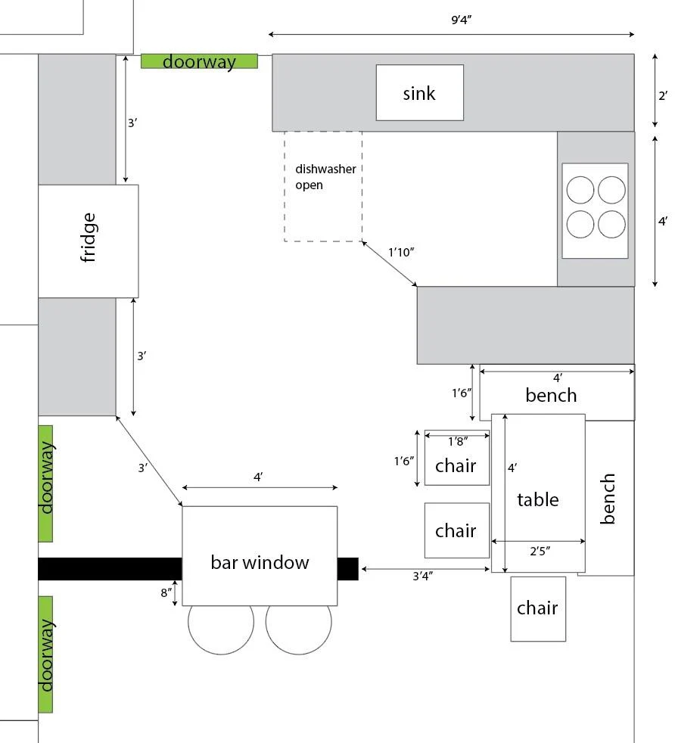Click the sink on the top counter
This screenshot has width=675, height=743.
pos(419,92)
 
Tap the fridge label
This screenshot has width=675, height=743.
pos(89,238)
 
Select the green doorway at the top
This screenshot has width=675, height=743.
pos(199,61)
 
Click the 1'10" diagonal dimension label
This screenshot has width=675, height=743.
pos(402,251)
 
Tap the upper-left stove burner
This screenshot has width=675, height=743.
pos(580,189)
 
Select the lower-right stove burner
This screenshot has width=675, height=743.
pos(611,224)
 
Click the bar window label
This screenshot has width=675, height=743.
pos(260,562)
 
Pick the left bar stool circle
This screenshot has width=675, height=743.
pos(221,626)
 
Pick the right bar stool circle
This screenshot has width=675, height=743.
pos(299,626)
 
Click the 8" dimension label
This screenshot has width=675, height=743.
pos(165,592)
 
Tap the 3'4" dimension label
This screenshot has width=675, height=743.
pos(425,576)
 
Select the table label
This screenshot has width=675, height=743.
pos(538,499)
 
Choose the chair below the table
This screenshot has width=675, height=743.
pos(538,608)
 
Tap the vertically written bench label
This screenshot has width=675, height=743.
pos(608,499)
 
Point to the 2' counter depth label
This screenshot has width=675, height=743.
pos(662,95)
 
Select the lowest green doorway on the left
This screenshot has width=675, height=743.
pos(45,654)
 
